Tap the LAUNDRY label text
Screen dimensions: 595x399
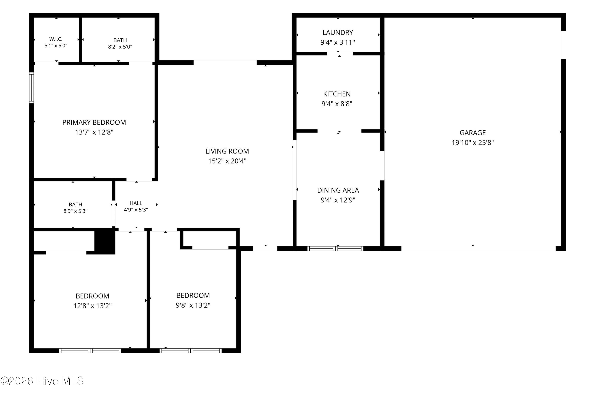(338, 32)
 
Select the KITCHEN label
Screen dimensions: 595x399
(337, 94)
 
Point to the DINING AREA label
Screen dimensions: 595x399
(338, 190)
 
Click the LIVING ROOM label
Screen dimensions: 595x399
(227, 151)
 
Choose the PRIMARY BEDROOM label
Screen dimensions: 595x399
(94, 122)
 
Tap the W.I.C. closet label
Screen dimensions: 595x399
(56, 39)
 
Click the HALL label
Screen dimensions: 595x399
(136, 203)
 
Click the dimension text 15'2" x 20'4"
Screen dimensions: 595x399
(227, 161)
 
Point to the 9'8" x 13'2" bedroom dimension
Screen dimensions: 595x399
(193, 305)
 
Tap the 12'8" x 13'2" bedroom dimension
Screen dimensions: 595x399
(92, 306)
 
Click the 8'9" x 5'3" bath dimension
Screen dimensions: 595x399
(75, 211)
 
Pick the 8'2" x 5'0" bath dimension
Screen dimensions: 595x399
(120, 47)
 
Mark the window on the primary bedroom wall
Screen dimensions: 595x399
(31, 88)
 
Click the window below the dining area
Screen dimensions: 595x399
(335, 249)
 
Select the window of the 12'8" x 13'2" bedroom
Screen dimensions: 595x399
(90, 351)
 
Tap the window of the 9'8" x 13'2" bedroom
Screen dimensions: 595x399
(191, 351)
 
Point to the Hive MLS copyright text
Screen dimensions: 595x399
(42, 381)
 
